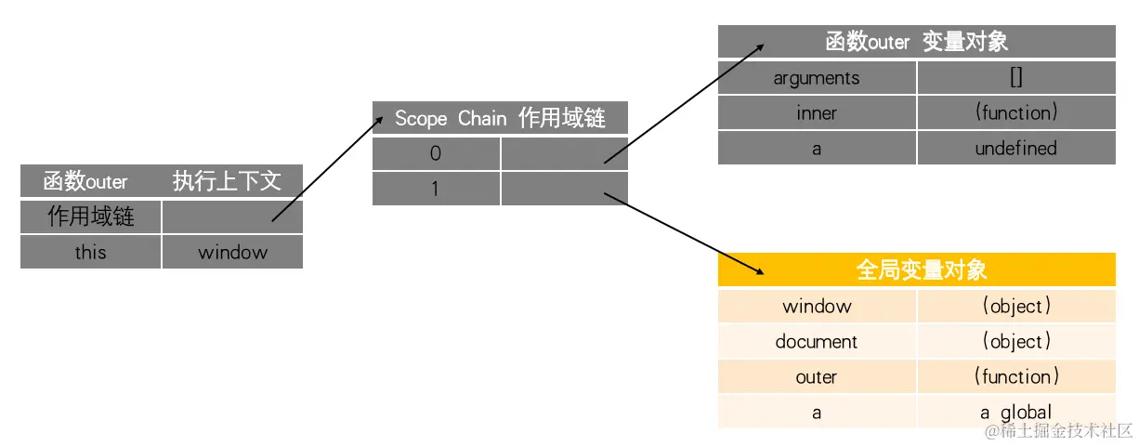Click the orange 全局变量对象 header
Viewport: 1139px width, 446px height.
[916, 269]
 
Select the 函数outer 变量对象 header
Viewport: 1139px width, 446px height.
[916, 42]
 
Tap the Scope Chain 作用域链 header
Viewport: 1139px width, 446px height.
[500, 118]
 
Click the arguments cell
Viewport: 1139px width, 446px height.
[817, 78]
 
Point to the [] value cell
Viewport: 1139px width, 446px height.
[1016, 78]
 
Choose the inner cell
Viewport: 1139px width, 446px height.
[817, 113]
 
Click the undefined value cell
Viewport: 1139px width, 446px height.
[1016, 149]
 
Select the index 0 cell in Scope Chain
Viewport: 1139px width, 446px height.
[436, 153]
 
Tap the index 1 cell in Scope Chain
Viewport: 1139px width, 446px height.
[436, 189]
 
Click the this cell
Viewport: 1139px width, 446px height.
[90, 252]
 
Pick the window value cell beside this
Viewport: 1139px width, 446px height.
[232, 252]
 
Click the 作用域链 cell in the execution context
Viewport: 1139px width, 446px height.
[90, 216]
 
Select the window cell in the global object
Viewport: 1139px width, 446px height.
[817, 306]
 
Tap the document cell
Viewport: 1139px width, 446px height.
[817, 341]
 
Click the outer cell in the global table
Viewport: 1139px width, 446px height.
[817, 377]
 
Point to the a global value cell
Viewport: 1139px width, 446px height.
[1016, 413]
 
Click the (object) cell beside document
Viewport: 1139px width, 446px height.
[1016, 341]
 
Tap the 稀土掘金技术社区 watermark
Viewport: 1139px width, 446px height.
[1059, 431]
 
